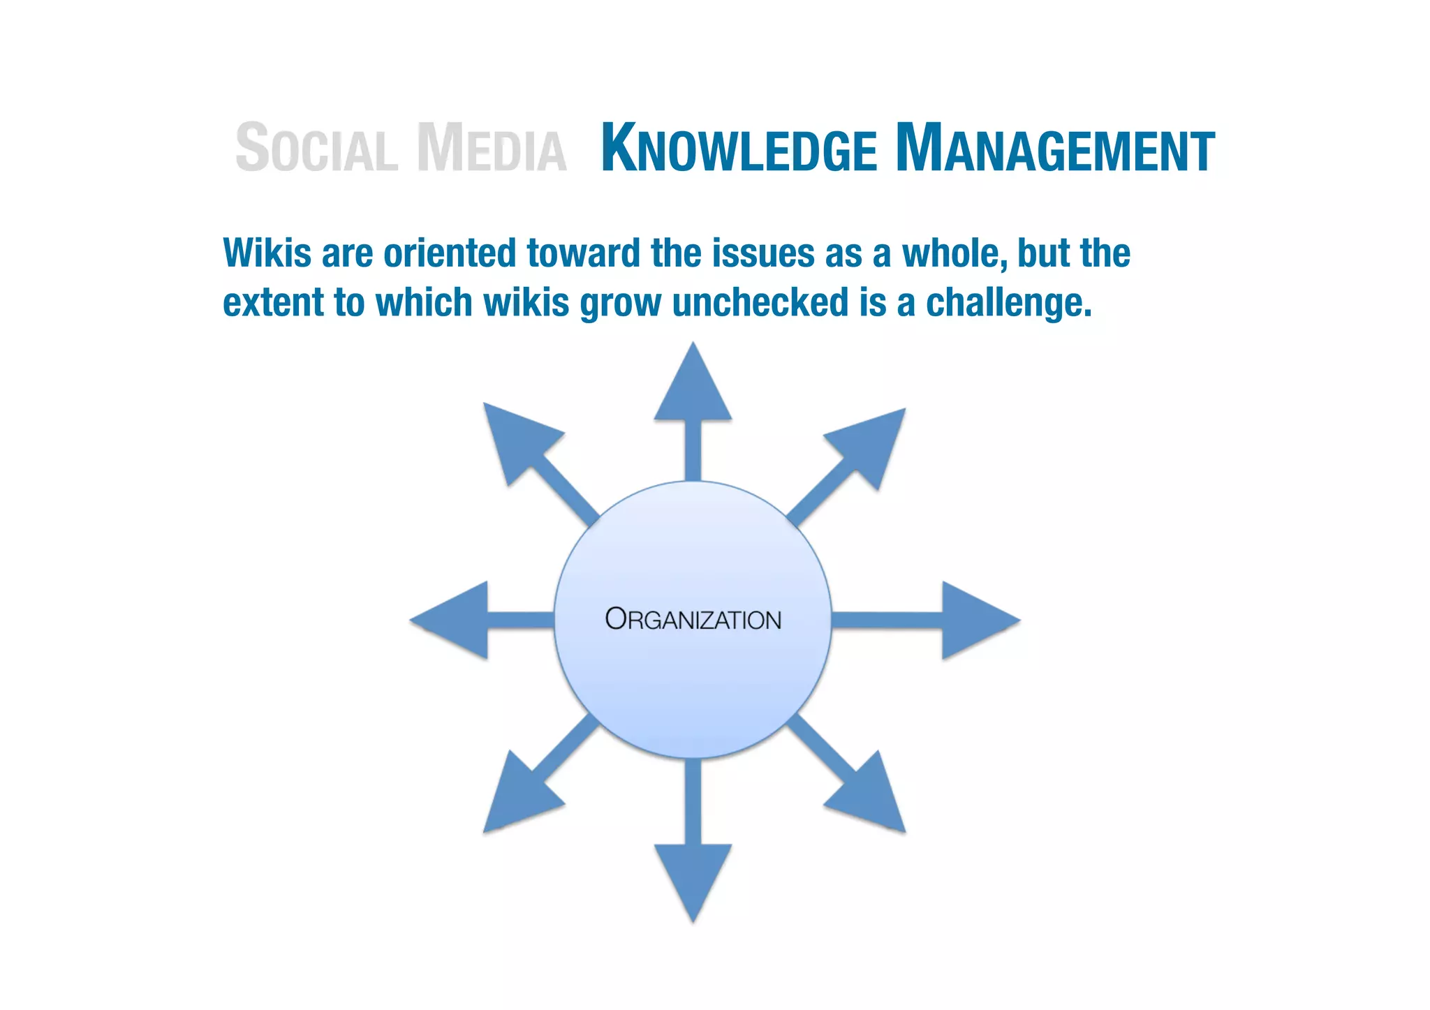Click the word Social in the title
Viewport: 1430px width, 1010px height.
tap(316, 147)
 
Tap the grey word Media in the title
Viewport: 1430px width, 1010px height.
tap(492, 147)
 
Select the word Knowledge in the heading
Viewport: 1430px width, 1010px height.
tap(739, 148)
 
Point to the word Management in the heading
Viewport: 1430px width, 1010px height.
tap(1055, 148)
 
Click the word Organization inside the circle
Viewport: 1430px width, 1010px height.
tap(693, 620)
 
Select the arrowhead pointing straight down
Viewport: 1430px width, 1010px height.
tap(693, 877)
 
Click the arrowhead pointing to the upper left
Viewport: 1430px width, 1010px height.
tap(517, 438)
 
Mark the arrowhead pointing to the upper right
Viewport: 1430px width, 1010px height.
tap(869, 443)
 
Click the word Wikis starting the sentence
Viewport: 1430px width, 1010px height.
tap(267, 253)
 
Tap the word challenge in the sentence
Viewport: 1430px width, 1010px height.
tap(1008, 303)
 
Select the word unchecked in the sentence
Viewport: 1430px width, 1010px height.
tap(760, 303)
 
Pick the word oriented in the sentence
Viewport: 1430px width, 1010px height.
tap(450, 253)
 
